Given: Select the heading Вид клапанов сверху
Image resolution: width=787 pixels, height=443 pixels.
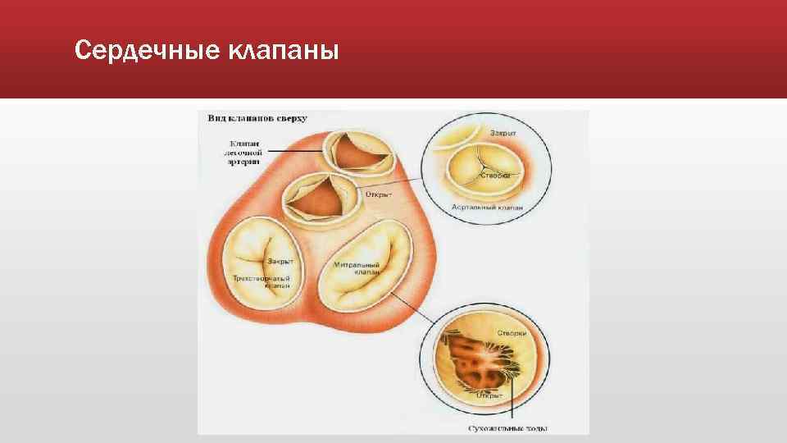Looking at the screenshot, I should coord(257,118).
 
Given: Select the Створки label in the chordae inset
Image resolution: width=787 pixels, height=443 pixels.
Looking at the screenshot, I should coord(512,333).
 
